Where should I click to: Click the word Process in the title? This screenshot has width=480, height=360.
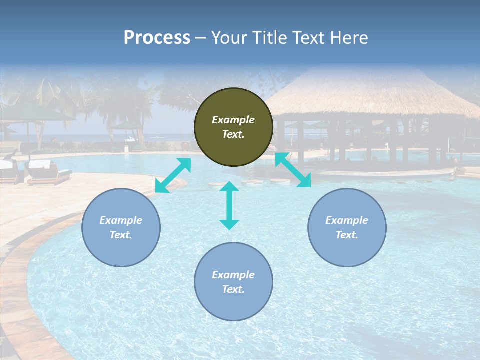[157, 38]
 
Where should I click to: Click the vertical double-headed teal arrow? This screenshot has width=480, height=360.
[229, 205]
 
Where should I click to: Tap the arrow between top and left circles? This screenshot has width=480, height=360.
[173, 175]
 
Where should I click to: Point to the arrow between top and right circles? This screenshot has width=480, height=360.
[293, 170]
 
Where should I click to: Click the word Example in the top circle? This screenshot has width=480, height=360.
[233, 120]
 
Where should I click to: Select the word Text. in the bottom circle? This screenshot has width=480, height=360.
[233, 289]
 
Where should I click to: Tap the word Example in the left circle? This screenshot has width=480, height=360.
[121, 220]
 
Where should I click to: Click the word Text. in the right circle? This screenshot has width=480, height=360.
[347, 235]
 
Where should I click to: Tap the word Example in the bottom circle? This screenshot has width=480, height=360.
[233, 275]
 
